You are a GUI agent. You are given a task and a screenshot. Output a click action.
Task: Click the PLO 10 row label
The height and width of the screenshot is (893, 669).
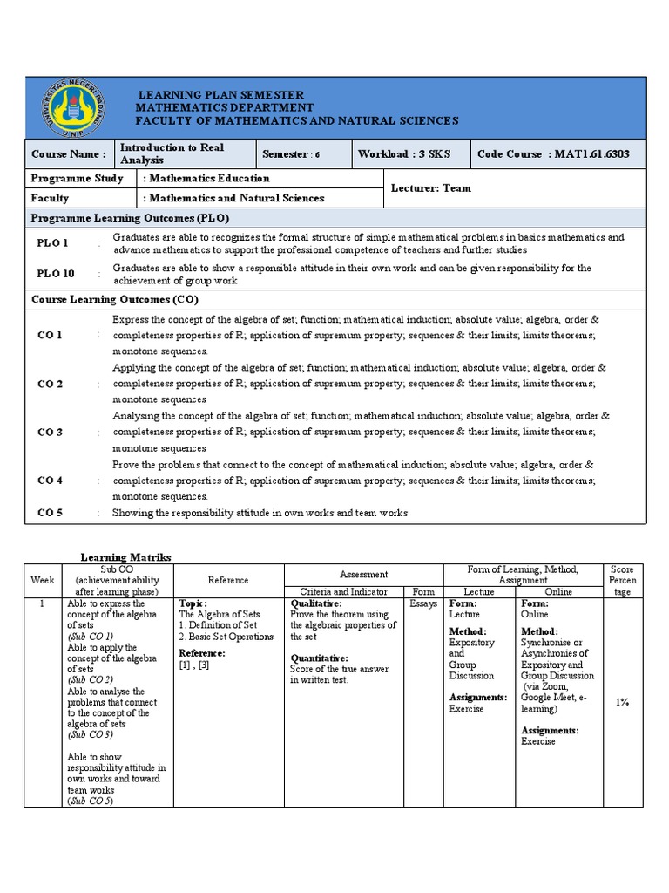coord(55,274)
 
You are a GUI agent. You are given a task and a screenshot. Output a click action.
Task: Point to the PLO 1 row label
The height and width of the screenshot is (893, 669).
coord(52,243)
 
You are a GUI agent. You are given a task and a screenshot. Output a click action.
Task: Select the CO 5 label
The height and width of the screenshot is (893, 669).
coord(49,513)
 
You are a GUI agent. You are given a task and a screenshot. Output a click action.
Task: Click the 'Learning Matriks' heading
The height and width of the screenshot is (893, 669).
coord(126,556)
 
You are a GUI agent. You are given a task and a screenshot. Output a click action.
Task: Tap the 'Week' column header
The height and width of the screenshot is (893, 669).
coord(42,580)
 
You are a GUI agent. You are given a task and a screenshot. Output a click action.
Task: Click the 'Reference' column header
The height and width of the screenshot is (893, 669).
coord(228,580)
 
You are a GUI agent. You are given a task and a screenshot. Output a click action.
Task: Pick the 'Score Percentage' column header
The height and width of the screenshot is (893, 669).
coord(622,580)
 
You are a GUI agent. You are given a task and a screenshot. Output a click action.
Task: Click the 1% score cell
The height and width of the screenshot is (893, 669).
coord(622,701)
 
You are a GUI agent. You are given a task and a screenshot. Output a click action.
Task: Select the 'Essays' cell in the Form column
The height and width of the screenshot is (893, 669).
coord(423,603)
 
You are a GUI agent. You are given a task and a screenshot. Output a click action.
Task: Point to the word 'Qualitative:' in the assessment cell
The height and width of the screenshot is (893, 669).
coord(317,603)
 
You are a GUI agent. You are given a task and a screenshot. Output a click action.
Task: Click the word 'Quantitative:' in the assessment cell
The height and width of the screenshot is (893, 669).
coord(321,658)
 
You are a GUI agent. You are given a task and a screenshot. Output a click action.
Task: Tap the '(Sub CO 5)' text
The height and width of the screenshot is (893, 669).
coord(91,801)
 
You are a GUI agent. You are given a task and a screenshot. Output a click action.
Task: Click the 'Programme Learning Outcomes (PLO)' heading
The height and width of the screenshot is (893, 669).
coord(131,218)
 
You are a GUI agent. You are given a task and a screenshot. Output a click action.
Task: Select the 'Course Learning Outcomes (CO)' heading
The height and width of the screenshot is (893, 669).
coord(115,299)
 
